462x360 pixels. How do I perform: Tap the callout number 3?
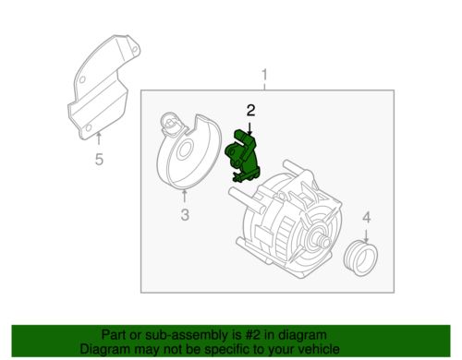click(x=184, y=216)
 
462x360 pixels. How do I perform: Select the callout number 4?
click(x=365, y=218)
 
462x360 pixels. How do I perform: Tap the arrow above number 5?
click(x=99, y=139)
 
